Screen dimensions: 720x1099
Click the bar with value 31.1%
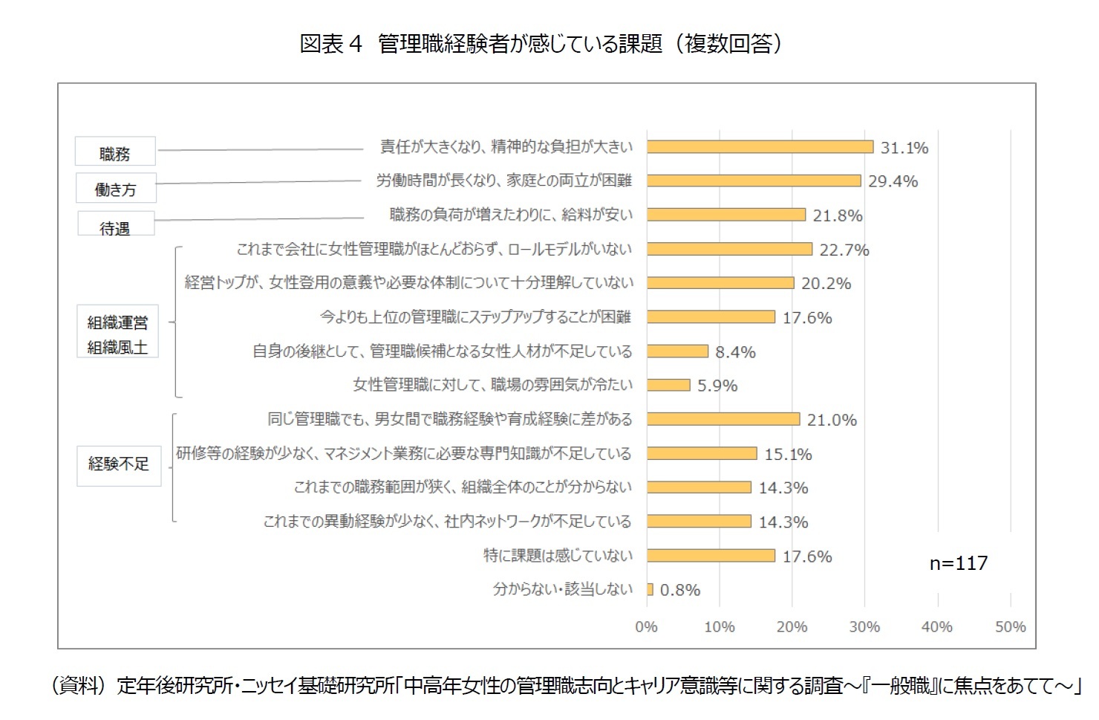(x=759, y=147)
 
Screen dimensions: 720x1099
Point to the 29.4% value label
(x=893, y=181)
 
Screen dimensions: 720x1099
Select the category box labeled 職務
(x=115, y=152)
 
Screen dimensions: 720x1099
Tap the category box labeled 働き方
(x=116, y=188)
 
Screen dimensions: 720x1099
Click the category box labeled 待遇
(x=116, y=224)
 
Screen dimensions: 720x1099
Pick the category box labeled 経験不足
(x=118, y=464)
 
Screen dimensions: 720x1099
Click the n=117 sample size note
(x=958, y=563)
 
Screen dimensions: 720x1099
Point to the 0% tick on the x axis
(x=646, y=626)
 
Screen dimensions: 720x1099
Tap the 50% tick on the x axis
(x=1010, y=626)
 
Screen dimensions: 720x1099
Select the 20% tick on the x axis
(x=792, y=626)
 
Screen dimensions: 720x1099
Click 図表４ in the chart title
(x=330, y=44)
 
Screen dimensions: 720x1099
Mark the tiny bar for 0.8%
(x=650, y=589)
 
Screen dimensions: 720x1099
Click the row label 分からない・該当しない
(x=563, y=589)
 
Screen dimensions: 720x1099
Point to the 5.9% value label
(x=717, y=386)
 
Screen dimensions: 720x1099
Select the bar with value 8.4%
(x=677, y=351)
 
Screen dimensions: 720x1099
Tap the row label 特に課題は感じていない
(x=558, y=555)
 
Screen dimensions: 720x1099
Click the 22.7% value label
(x=844, y=250)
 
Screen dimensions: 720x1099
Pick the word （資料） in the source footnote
(x=79, y=685)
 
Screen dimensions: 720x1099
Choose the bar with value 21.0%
(x=723, y=419)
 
